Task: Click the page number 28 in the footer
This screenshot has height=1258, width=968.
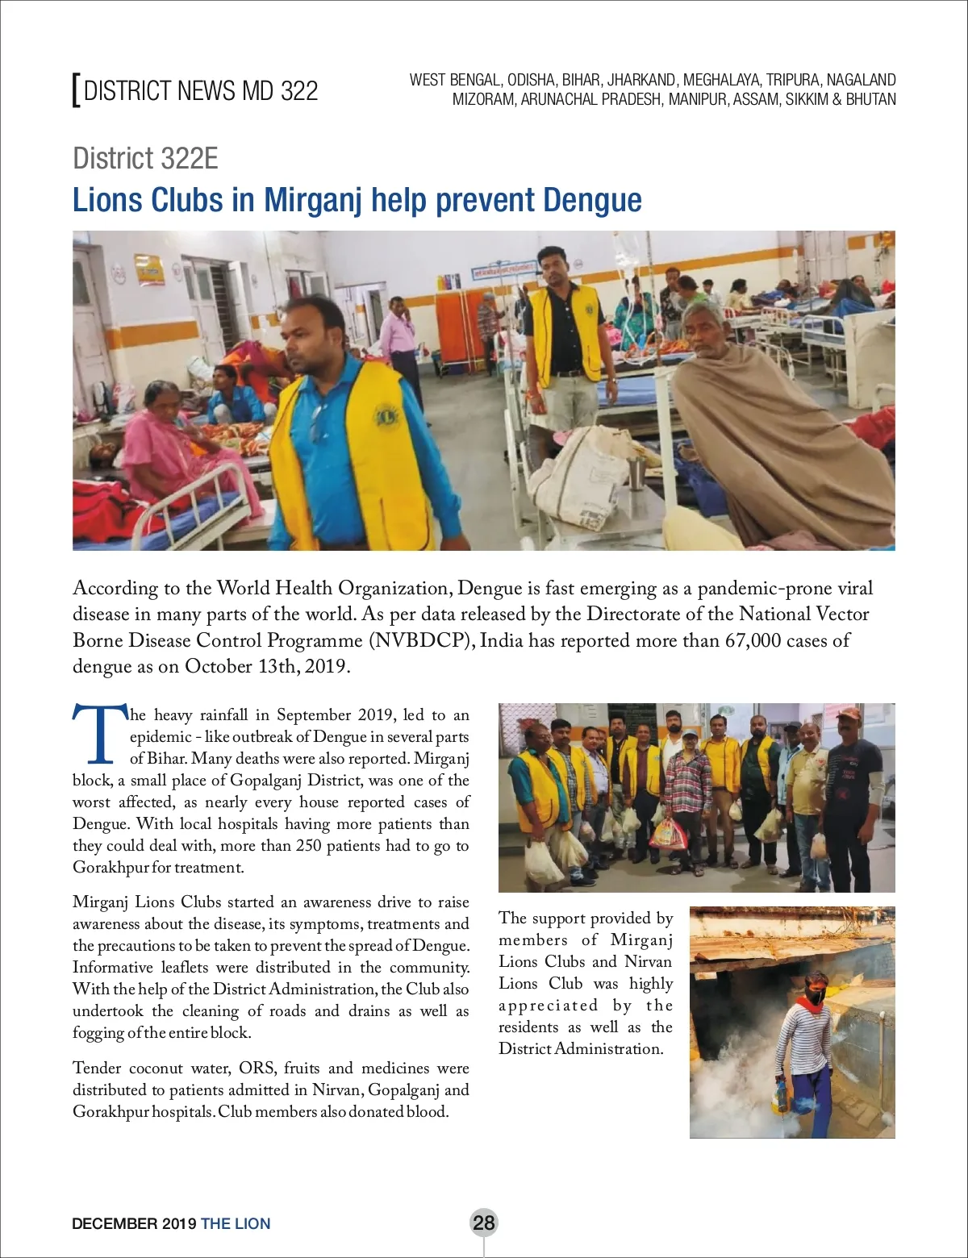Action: pyautogui.click(x=483, y=1223)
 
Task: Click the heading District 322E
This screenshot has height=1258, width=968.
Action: pyautogui.click(x=145, y=158)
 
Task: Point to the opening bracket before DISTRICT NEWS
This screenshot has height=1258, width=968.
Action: pyautogui.click(x=76, y=90)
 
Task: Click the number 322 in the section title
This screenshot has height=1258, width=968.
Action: pyautogui.click(x=299, y=90)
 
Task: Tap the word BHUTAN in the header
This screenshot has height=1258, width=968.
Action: pyautogui.click(x=870, y=100)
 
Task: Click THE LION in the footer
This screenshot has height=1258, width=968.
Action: pyautogui.click(x=236, y=1223)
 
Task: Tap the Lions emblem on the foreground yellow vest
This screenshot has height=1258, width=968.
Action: pyautogui.click(x=386, y=418)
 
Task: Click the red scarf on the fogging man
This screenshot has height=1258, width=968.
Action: pyautogui.click(x=809, y=1005)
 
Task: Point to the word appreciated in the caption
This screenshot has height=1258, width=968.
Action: pyautogui.click(x=549, y=1006)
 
